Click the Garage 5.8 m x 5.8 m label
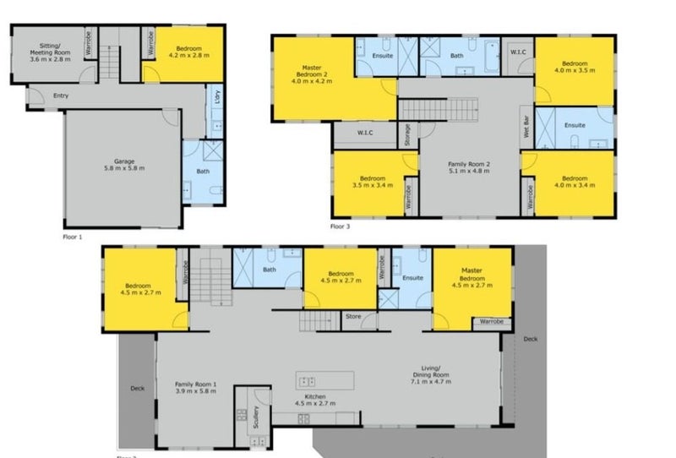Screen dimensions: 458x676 pos(124,164)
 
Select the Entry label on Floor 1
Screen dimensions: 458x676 pos(61,95)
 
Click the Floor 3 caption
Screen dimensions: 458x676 pos(340,226)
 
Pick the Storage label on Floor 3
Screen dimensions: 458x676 pos(407,135)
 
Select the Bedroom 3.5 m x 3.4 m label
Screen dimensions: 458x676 pos(372,183)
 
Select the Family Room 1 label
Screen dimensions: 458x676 pos(197,388)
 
